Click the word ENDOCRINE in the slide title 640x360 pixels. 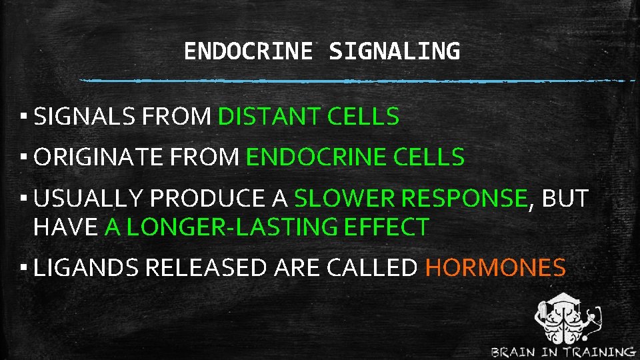click(x=248, y=51)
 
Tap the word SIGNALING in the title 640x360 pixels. click(x=394, y=51)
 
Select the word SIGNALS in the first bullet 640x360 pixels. click(x=85, y=117)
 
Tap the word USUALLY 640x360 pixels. click(x=89, y=199)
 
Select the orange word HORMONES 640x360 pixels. click(x=495, y=268)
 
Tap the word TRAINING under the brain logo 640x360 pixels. click(x=597, y=352)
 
